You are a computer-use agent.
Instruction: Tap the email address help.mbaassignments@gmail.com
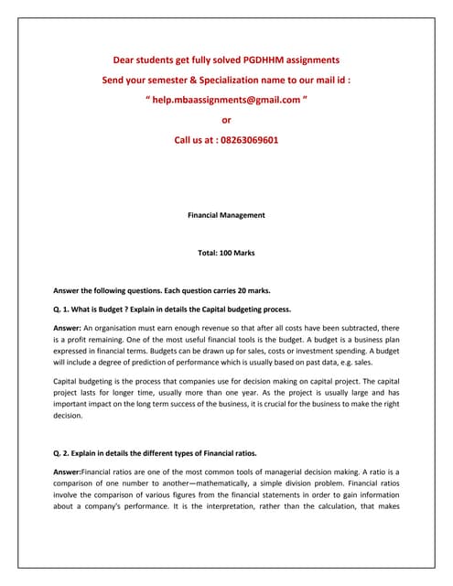pyautogui.click(x=227, y=100)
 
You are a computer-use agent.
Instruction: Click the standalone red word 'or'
pyautogui.click(x=227, y=120)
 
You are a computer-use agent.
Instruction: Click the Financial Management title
pyautogui.click(x=226, y=215)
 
